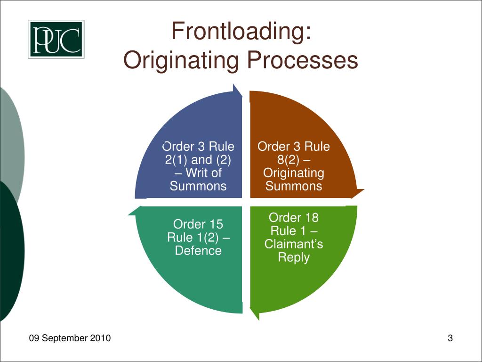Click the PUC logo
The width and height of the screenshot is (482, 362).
(56, 39)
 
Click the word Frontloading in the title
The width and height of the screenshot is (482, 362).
(241, 32)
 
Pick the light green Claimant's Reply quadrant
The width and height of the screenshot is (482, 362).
(301, 278)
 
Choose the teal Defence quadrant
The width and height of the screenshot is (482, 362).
(188, 278)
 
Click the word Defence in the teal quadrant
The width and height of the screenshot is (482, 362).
(198, 251)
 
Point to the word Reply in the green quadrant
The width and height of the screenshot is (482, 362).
(294, 257)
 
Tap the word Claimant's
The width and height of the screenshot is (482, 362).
(294, 244)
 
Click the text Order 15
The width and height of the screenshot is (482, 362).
(198, 224)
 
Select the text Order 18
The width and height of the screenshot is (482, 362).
(294, 217)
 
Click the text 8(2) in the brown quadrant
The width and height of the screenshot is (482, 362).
(285, 160)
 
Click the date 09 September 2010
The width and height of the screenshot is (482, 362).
(70, 338)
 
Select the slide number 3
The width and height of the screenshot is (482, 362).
(450, 338)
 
